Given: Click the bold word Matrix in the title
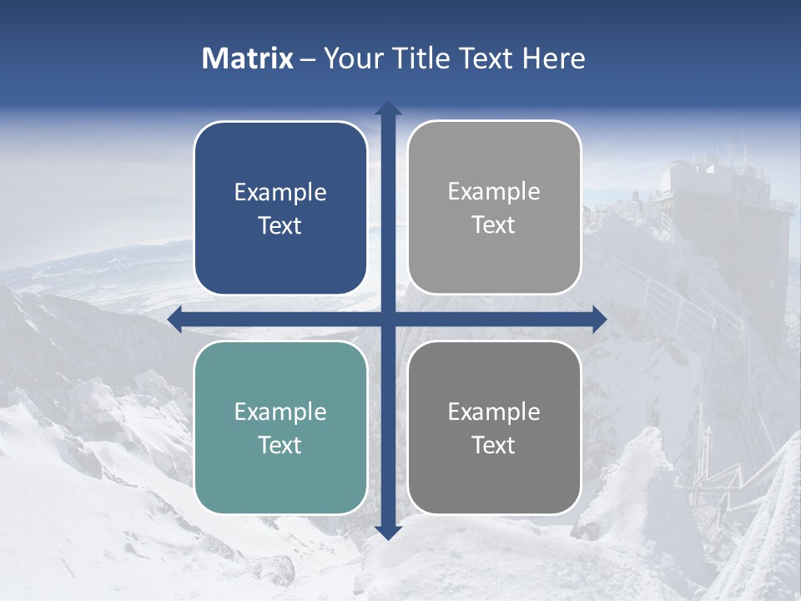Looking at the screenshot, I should pos(248,58).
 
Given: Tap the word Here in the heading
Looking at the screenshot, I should pos(553,58).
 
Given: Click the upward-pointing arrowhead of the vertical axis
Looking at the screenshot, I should pos(388,109).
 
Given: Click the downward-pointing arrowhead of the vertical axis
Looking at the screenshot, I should pos(388,532).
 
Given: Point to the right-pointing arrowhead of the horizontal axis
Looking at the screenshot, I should pos(599,319).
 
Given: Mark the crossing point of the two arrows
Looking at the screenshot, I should pos(388,319).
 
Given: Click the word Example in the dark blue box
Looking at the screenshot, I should pos(280,193).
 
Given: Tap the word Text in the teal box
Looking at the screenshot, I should pos(280,445).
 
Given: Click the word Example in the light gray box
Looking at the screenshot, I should pos(494,192).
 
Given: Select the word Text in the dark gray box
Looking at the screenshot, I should pos(494,445).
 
